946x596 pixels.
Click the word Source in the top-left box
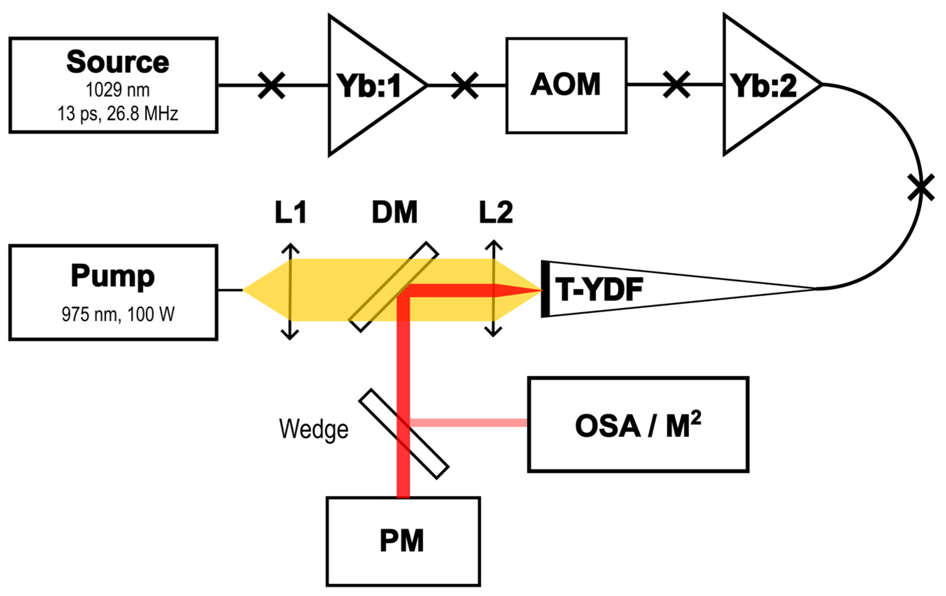coord(118,62)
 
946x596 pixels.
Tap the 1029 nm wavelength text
coord(118,90)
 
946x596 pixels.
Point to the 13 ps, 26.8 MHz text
coord(118,114)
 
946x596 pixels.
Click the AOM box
coord(566,85)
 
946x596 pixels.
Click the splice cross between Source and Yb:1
coord(271,85)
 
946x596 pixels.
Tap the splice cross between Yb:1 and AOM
coord(464,85)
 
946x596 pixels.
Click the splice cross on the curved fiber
coord(921,188)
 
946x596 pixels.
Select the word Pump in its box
coord(113,276)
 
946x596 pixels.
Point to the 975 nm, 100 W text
coord(118,315)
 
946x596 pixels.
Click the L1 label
coord(290,213)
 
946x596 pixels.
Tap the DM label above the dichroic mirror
coord(394,213)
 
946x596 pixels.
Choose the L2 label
coord(496,213)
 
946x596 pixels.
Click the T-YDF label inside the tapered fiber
coord(599,290)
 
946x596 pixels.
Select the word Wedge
coord(313,429)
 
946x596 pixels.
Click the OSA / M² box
coord(638,425)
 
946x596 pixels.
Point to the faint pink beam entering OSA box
coord(468,423)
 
